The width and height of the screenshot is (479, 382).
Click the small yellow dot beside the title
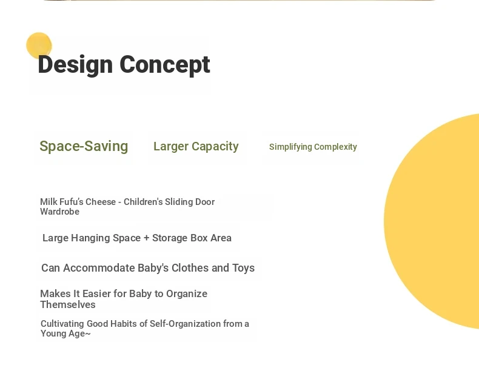[x=39, y=45]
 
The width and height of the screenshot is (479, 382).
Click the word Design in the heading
[x=75, y=65]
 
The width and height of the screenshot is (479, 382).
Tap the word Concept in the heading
[x=165, y=65]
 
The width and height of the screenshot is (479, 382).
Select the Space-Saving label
[x=84, y=146]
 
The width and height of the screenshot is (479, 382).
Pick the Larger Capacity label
[x=196, y=146]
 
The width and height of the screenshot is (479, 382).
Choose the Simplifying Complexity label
[x=313, y=147]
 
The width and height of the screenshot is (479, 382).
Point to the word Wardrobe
[x=59, y=212]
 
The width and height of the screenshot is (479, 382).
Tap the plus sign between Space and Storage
[x=146, y=238]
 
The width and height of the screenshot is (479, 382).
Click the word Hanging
[x=90, y=238]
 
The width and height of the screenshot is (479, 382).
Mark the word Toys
[x=244, y=268]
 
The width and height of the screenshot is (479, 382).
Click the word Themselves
[x=68, y=304]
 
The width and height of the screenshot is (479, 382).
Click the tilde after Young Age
[x=88, y=333]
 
